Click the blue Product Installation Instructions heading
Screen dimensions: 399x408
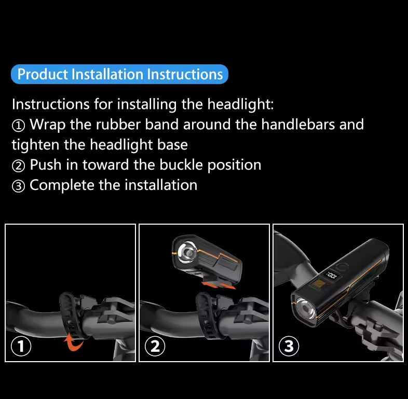click(119, 74)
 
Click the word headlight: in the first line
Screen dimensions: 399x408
click(240, 104)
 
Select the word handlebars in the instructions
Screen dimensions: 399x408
click(297, 125)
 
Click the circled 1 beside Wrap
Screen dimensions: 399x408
click(18, 126)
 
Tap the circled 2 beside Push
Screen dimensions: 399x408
click(18, 166)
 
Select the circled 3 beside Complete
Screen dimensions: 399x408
click(18, 186)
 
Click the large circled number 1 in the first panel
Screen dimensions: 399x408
click(21, 346)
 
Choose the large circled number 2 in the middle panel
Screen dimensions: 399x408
click(155, 346)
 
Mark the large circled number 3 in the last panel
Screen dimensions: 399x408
click(289, 346)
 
